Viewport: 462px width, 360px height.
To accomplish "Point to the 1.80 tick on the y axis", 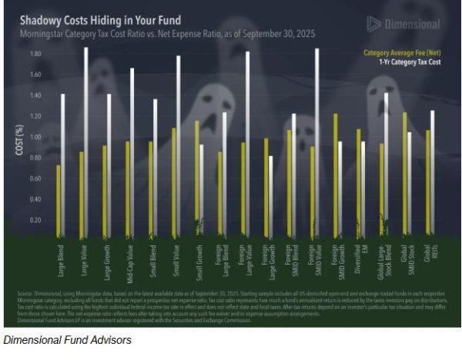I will [35, 54].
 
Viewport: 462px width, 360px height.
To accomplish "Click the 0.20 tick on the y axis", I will [35, 220].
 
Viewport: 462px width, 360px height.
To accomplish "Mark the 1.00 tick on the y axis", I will [35, 137].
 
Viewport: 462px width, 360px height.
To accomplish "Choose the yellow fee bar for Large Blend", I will [58, 199].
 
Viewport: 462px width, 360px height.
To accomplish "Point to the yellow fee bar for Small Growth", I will [197, 177].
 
